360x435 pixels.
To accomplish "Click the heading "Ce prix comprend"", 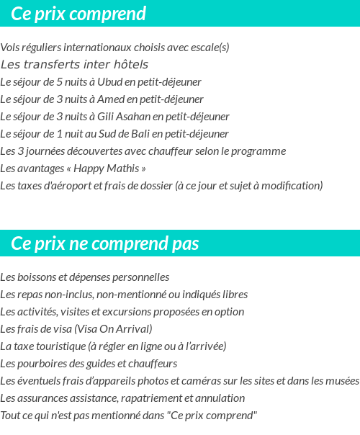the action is coord(78,14).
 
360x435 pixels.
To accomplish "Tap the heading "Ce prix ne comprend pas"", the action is coord(105,243).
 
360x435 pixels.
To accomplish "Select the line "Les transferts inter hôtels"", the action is coord(74,65).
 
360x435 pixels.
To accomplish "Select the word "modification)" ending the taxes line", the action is coord(293,186).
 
